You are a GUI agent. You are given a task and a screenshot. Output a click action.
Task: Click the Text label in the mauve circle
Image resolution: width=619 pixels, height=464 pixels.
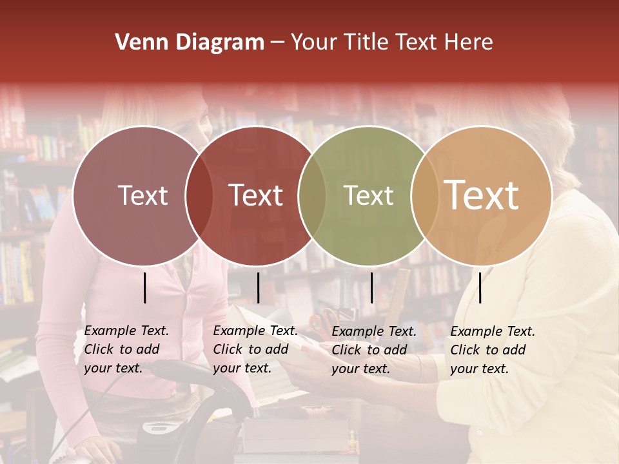[x=142, y=195]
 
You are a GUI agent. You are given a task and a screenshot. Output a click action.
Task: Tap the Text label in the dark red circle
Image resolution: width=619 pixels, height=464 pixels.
[x=256, y=195]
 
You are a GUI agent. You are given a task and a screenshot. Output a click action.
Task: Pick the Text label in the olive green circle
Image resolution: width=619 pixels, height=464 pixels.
[x=368, y=195]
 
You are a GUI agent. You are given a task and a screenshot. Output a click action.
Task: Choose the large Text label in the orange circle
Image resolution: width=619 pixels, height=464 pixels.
[x=482, y=195]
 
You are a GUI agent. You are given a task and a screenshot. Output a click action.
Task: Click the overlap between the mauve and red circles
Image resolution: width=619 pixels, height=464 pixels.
[x=199, y=195]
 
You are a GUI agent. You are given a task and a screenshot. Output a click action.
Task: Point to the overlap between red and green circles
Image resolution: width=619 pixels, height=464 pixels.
[x=312, y=195]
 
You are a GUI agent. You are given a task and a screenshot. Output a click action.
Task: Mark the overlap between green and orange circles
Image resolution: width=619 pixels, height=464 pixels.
[x=424, y=195]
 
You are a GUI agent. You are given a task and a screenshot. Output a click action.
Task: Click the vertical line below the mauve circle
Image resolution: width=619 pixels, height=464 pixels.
[x=145, y=287]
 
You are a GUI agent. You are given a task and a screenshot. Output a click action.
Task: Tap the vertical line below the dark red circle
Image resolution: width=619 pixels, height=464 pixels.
[x=258, y=287]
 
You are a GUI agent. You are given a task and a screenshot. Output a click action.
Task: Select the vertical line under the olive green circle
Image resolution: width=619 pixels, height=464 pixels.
[x=371, y=287]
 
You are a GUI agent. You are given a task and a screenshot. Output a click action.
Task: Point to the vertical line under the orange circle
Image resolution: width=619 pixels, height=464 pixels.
[x=480, y=287]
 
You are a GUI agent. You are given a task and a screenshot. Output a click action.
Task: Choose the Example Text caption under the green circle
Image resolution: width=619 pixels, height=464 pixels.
[x=373, y=350]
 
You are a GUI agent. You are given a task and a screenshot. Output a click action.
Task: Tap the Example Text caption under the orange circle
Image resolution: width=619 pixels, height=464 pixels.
[x=492, y=350]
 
